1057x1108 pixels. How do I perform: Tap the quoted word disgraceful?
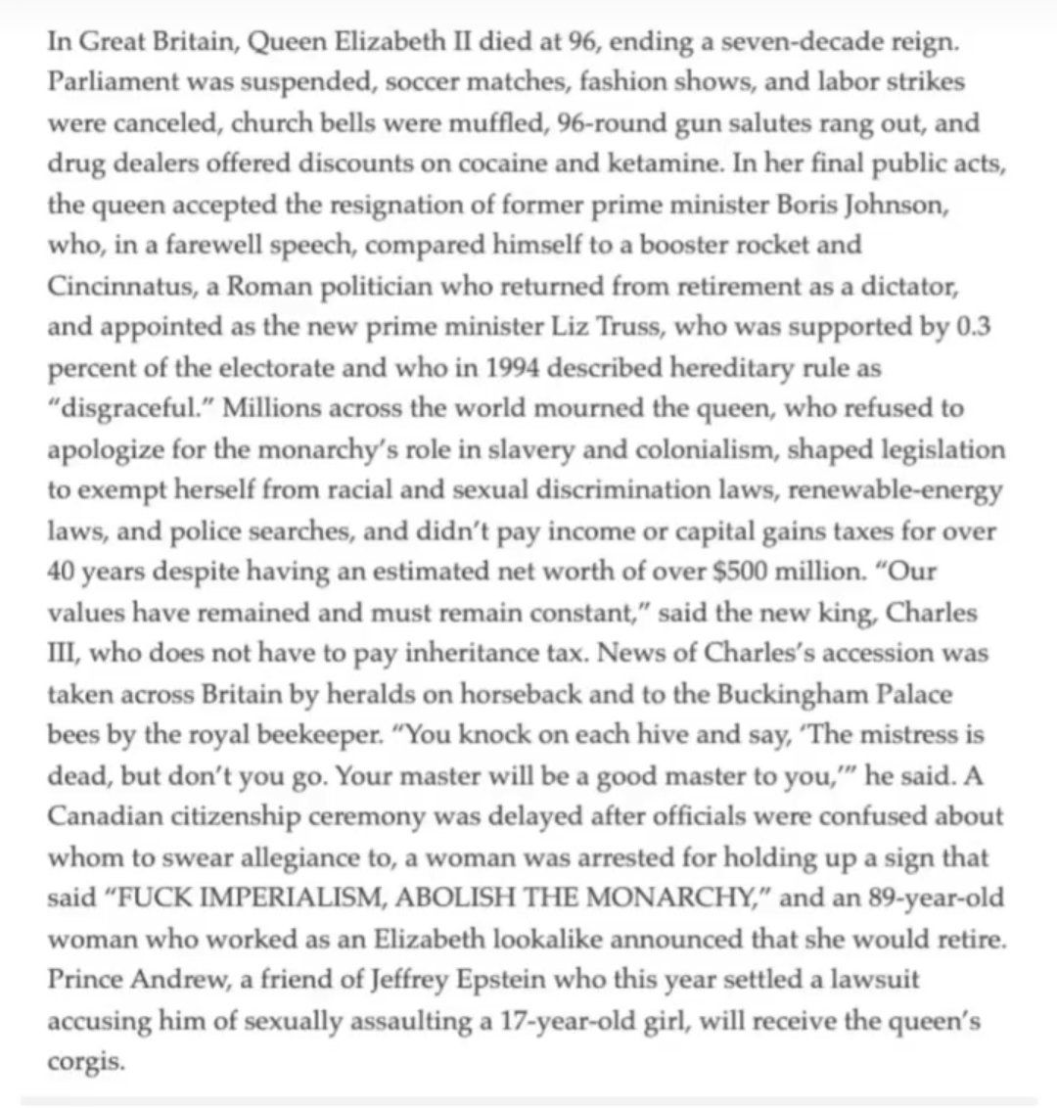[x=128, y=409]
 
